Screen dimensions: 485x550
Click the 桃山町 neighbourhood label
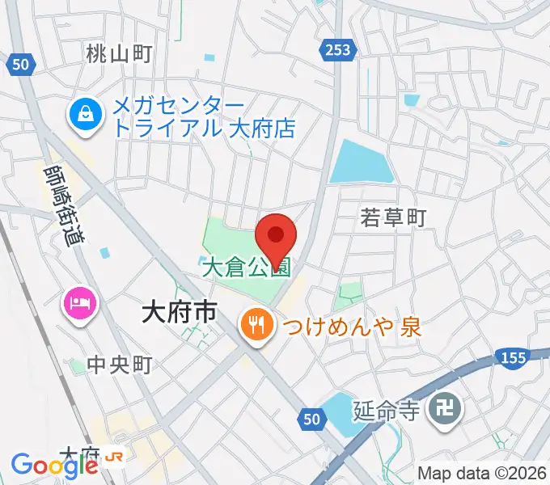point(119,54)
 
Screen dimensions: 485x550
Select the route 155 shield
point(514,357)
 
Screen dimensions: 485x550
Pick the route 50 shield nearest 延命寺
point(312,417)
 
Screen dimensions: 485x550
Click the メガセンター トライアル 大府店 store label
point(203,117)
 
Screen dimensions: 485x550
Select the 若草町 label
point(393,217)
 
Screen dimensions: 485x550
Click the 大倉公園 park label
point(245,267)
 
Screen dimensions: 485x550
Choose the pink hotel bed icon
point(80,303)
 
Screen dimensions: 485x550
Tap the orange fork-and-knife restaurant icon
point(256,327)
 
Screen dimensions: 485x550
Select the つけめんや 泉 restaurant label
point(351,327)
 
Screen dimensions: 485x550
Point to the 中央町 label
point(121,365)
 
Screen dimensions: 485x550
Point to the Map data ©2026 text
point(482,473)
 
